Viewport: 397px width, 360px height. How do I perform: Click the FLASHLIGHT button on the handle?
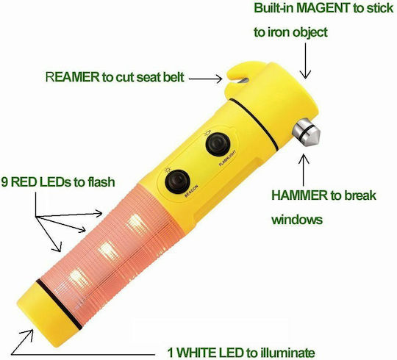[218, 145]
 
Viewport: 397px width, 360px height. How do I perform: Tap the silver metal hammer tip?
[307, 133]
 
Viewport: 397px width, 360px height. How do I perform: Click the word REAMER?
[72, 77]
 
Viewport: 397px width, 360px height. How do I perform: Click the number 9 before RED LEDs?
[4, 182]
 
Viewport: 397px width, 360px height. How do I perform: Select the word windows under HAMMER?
[297, 220]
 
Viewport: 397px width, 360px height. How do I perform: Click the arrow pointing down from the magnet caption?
[306, 61]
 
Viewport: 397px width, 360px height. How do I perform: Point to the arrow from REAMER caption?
[206, 79]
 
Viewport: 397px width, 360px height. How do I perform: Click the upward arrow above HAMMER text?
[304, 170]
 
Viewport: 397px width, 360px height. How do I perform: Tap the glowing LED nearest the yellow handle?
[137, 224]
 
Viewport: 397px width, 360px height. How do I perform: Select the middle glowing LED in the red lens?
[108, 252]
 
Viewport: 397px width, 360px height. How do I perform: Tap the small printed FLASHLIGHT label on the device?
[227, 159]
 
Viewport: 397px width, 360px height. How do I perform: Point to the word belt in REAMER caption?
[174, 77]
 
